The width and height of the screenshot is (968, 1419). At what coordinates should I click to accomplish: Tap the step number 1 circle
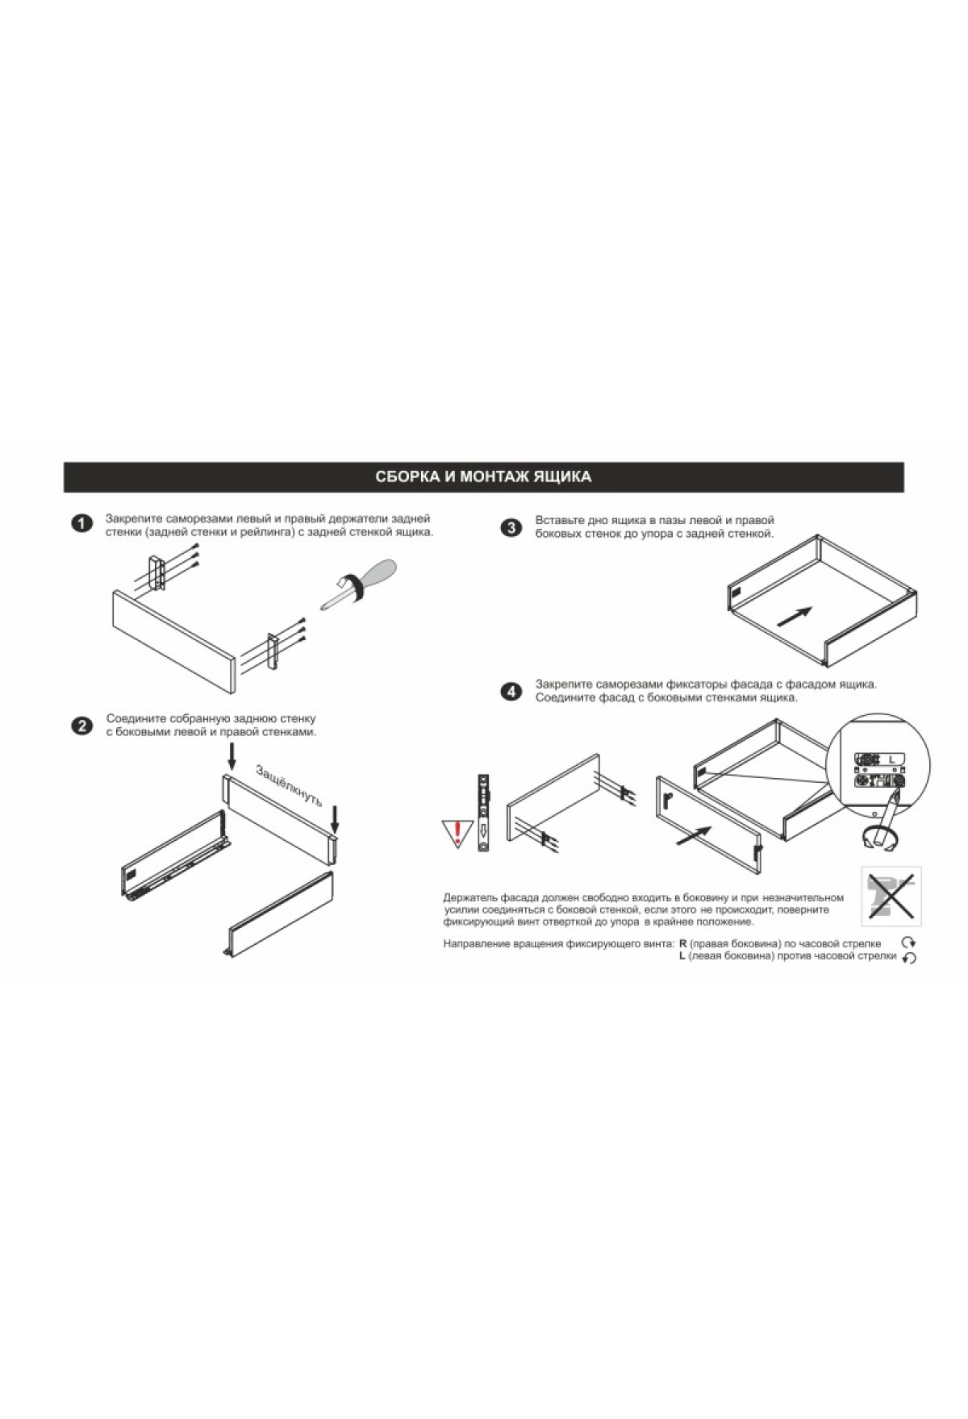[x=81, y=524]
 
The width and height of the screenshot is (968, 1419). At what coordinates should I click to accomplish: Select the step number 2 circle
[x=81, y=726]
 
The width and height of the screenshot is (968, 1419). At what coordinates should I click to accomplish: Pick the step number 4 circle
[x=510, y=692]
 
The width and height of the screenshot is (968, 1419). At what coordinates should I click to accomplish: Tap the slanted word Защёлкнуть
[x=289, y=784]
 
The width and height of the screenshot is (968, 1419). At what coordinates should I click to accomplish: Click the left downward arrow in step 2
[x=232, y=755]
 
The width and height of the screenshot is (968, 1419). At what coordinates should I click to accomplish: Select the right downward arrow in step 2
[x=335, y=819]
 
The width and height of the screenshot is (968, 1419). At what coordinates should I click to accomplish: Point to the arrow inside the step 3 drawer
[x=794, y=616]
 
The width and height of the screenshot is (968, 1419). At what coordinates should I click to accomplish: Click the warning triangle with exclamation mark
[x=457, y=831]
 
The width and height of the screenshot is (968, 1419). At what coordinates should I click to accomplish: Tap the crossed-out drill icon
[x=891, y=897]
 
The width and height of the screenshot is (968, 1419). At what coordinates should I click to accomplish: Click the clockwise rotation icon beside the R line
[x=909, y=943]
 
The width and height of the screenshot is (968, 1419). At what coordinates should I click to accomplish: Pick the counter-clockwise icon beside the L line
[x=909, y=958]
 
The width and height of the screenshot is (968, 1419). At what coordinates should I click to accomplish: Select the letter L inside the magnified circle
[x=891, y=759]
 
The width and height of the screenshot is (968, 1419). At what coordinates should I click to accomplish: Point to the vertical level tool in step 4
[x=484, y=813]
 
